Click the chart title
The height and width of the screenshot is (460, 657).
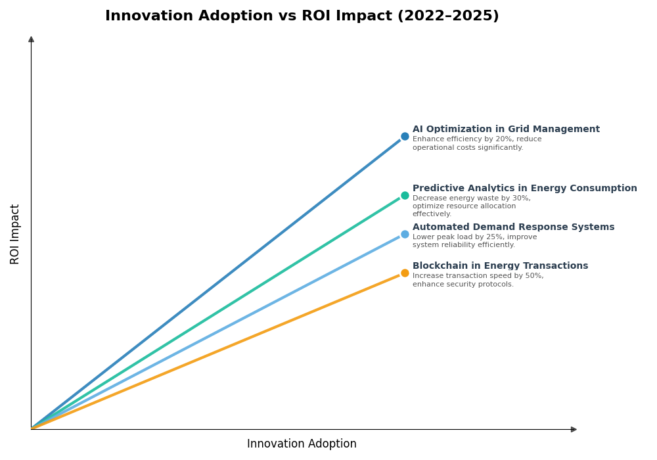[302, 16]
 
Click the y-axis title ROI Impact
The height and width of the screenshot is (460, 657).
[15, 234]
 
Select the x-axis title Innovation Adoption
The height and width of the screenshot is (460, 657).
[302, 444]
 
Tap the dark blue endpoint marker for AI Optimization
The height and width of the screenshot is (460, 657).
[405, 137]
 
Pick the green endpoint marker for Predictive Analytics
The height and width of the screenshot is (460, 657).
[405, 195]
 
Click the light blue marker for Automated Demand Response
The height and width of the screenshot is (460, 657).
[405, 234]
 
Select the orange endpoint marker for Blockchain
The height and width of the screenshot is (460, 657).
[405, 273]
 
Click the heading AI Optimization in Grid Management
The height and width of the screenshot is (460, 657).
[506, 129]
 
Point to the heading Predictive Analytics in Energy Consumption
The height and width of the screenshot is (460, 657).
[524, 189]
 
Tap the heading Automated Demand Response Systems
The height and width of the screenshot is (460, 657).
[513, 227]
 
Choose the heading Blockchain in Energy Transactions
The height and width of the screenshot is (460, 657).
[500, 266]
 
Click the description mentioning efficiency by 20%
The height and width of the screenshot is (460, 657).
[477, 143]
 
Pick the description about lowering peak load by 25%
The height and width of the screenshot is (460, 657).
[474, 241]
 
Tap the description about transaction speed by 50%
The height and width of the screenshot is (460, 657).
[478, 280]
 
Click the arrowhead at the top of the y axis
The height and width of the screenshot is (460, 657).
[31, 39]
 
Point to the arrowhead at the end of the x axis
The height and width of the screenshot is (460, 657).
[574, 429]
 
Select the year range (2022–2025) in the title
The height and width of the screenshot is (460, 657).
[448, 16]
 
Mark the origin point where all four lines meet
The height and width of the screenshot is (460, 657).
[32, 428]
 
